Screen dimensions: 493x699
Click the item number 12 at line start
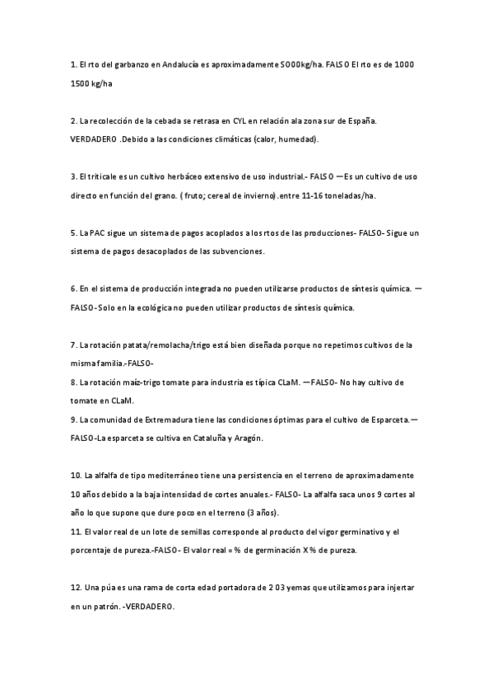tap(76, 588)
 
